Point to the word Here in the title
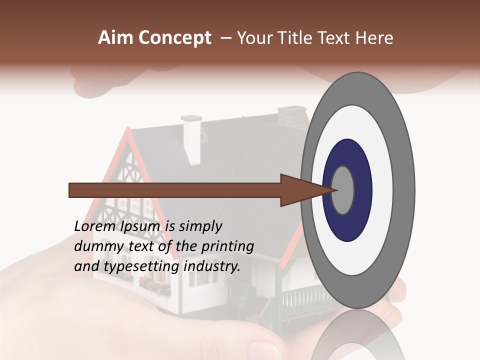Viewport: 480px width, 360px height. click(375, 38)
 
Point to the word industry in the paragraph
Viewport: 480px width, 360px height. click(212, 267)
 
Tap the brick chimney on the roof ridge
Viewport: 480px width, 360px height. click(293, 118)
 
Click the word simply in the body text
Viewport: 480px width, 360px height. click(200, 227)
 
